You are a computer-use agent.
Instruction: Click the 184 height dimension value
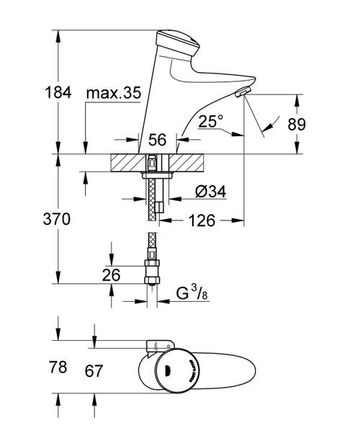coord(58,92)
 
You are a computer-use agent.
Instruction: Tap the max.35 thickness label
coord(114,93)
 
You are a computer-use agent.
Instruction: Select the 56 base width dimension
coord(158,140)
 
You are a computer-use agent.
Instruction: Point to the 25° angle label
coord(211,121)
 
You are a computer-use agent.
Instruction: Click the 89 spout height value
coord(297,124)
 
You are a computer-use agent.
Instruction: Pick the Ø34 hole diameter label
coord(211,191)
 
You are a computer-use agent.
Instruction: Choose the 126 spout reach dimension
coord(202,220)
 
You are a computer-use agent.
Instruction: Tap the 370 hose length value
coord(57,219)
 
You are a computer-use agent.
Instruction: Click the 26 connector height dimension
coord(112,274)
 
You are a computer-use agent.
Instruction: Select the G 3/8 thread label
coord(192,293)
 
